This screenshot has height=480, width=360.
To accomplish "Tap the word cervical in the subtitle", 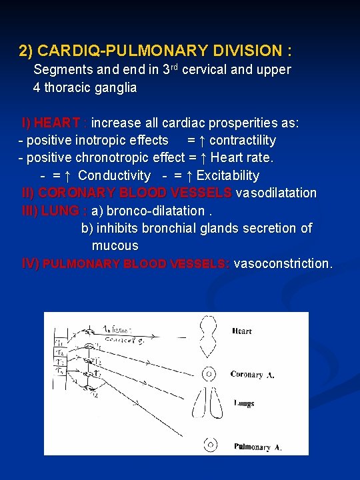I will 203,70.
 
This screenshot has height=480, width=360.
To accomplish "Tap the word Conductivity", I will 114,175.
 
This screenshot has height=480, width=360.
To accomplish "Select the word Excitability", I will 228,175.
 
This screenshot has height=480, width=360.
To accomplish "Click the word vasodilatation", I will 277,193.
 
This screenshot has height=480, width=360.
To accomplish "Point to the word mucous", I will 115,245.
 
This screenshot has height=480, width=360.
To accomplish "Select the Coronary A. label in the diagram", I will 252,375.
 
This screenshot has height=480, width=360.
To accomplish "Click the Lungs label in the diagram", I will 244,403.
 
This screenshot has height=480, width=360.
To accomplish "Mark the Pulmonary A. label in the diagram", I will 257,447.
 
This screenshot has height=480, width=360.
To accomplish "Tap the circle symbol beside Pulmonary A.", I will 211,445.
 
